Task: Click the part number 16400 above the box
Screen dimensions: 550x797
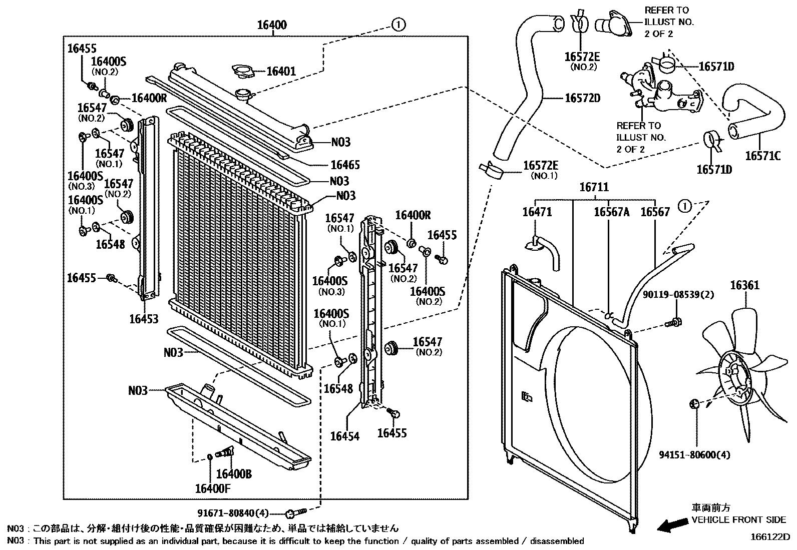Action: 272,25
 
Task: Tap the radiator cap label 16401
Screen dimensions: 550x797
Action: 281,71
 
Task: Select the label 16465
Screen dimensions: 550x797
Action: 345,165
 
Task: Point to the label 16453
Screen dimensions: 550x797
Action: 144,319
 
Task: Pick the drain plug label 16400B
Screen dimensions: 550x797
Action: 234,473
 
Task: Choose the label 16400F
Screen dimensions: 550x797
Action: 213,488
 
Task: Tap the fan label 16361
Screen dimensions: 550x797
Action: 744,285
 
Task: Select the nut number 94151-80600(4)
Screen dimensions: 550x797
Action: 694,455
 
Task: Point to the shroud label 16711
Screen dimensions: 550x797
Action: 594,188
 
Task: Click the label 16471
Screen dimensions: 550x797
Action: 537,212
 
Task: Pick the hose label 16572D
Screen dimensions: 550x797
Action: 582,98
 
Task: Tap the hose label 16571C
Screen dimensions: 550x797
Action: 762,156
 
